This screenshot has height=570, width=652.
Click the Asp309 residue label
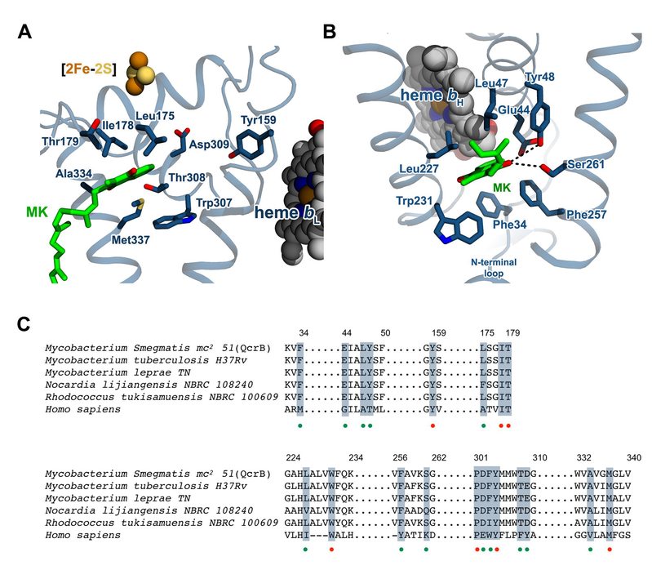coord(207,143)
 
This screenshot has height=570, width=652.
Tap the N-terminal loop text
coord(499,266)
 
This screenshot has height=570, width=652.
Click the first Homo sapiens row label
coord(81,410)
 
